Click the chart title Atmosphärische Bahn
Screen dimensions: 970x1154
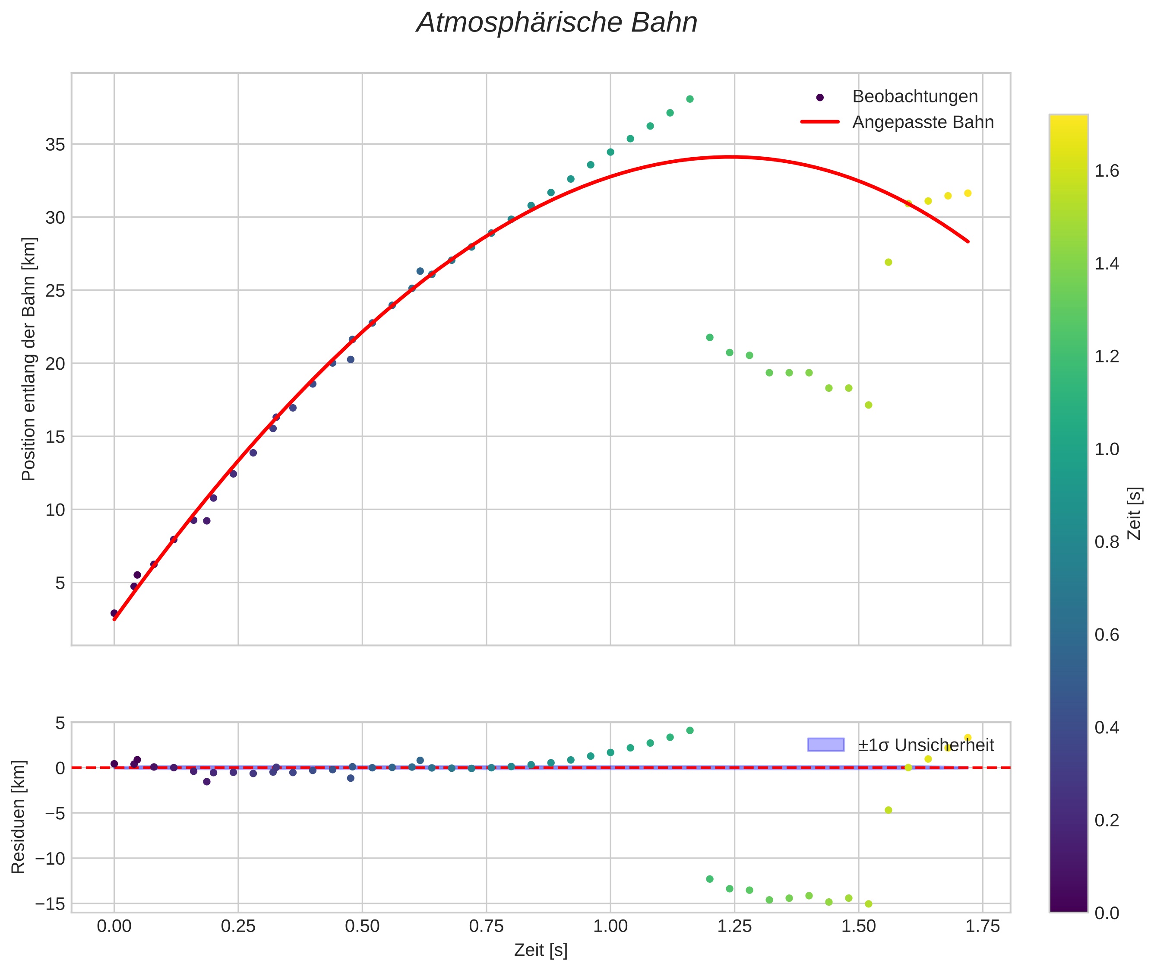556,23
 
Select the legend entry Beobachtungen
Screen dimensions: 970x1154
914,97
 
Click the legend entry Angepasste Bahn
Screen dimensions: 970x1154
923,122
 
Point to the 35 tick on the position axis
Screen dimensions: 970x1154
55,145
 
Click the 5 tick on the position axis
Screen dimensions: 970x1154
60,583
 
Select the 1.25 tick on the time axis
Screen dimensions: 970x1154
734,926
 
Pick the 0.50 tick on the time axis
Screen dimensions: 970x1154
362,926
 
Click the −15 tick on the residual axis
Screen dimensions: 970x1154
50,904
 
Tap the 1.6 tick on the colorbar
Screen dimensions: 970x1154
1106,171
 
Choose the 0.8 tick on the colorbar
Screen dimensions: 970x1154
1106,542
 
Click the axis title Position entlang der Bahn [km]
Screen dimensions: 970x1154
28,359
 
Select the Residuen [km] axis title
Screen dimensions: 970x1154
18,817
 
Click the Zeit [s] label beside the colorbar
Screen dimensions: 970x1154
1134,513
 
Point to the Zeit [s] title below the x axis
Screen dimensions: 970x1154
541,950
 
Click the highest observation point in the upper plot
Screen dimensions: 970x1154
689,99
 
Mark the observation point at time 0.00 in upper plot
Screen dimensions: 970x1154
114,613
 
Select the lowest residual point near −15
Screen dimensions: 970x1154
868,904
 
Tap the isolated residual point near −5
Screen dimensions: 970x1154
888,810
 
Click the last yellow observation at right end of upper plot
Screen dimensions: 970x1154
967,193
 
